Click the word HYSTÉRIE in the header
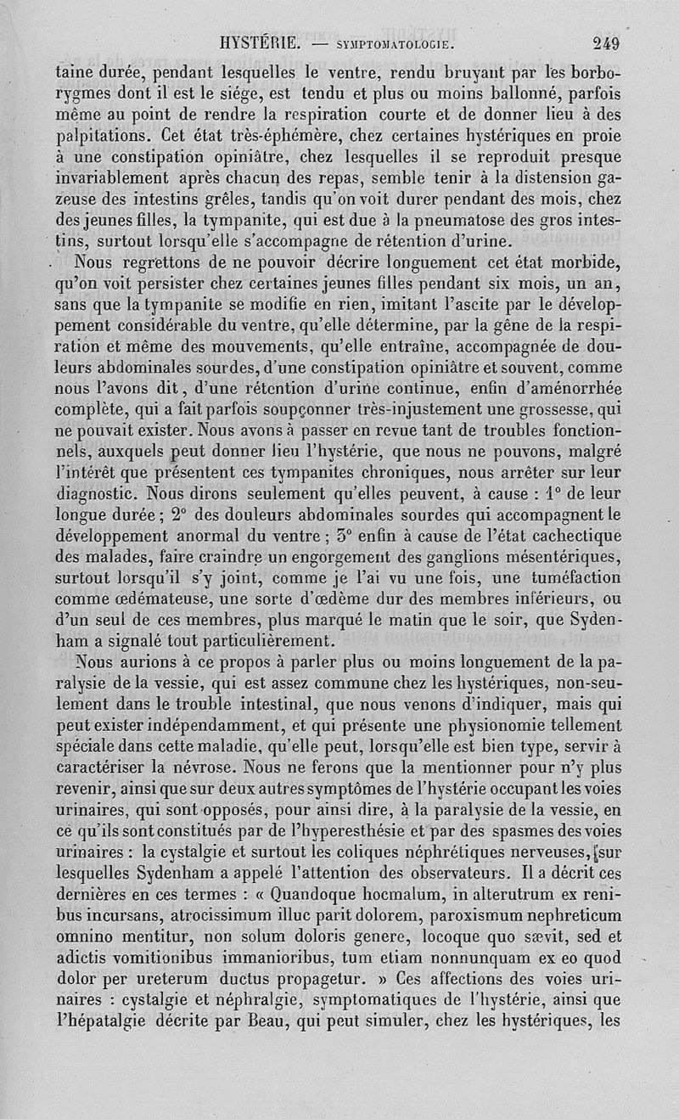[x=256, y=42]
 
